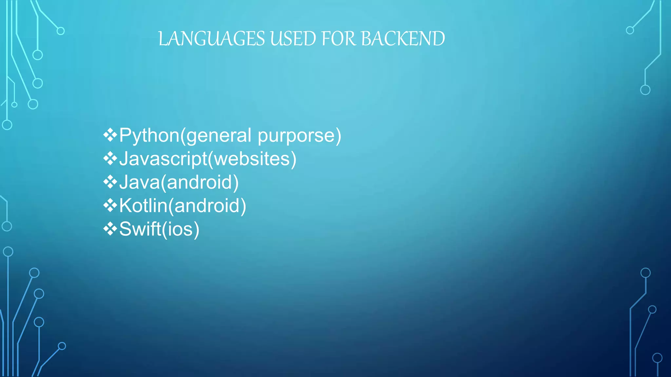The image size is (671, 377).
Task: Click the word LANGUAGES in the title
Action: click(x=211, y=39)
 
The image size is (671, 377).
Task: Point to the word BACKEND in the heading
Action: click(x=403, y=39)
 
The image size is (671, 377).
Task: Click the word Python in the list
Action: click(x=149, y=135)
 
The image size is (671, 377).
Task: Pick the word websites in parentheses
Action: click(x=252, y=159)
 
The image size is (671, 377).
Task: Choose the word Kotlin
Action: click(x=143, y=206)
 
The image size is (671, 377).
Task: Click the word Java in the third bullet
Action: click(x=139, y=182)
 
